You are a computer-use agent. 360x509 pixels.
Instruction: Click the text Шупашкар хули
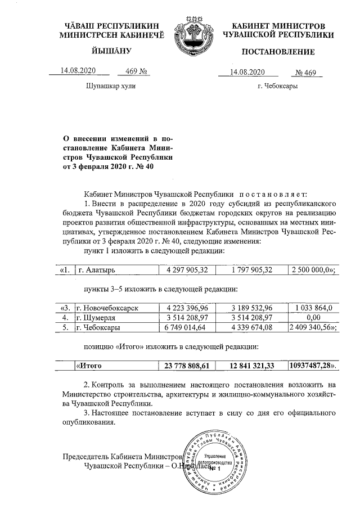click(111, 87)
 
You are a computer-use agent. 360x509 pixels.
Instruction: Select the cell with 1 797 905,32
click(251, 270)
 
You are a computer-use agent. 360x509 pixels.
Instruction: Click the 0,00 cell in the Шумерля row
click(310, 317)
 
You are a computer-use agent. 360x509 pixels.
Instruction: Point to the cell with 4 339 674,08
click(251, 327)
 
